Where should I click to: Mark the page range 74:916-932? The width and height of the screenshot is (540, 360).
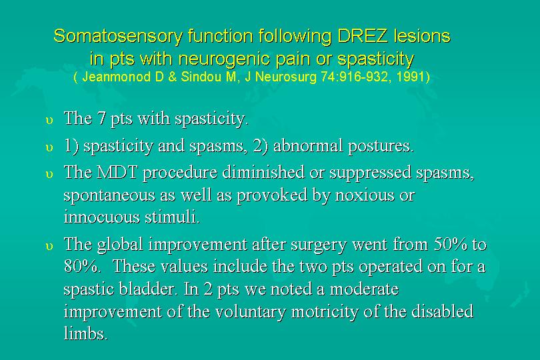[x=355, y=77]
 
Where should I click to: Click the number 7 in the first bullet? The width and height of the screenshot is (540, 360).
[x=101, y=119]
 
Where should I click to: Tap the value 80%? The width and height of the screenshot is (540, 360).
[x=81, y=266]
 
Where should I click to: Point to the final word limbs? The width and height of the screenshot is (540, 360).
[x=86, y=333]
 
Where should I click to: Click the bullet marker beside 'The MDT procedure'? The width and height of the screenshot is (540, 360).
[x=49, y=174]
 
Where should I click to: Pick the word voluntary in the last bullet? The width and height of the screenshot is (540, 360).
[x=251, y=312]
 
